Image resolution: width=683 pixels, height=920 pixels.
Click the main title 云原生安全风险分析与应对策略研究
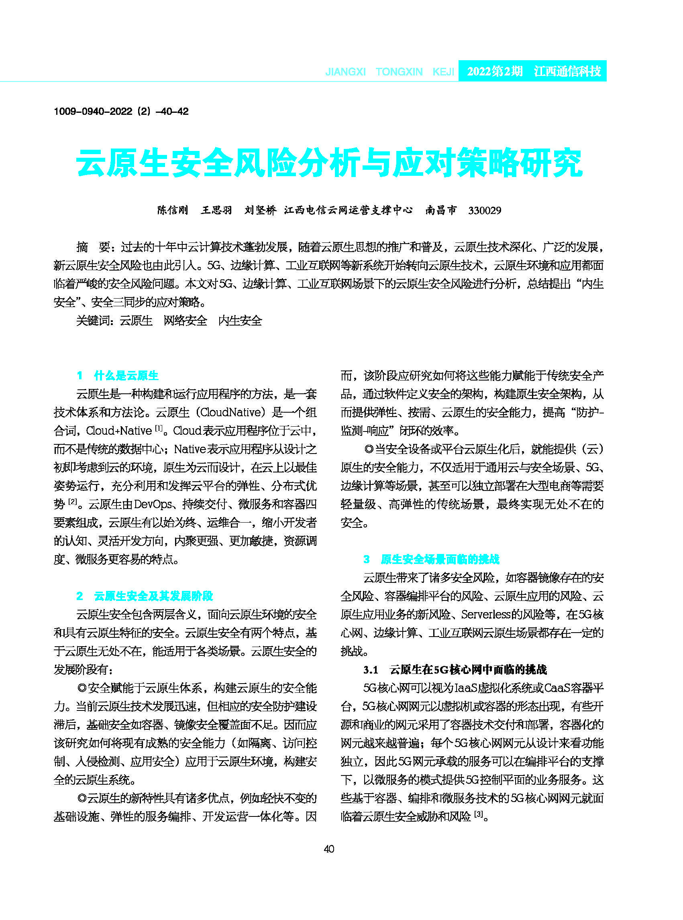(329, 164)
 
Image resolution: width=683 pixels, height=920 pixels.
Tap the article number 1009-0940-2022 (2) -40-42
(121, 112)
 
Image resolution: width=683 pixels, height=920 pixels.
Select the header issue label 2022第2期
(494, 71)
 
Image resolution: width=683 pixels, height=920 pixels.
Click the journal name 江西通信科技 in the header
(567, 71)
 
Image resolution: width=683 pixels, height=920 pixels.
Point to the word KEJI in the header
(443, 72)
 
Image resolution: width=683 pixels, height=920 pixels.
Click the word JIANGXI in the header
(345, 72)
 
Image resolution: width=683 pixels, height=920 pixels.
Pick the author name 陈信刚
(172, 210)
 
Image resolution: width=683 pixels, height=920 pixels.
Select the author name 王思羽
(216, 210)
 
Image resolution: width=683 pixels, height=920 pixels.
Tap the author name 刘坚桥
(260, 210)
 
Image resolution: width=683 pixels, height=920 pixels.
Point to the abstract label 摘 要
(93, 247)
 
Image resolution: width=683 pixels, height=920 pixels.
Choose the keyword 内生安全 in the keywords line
(240, 321)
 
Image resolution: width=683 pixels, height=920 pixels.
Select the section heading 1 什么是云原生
(118, 376)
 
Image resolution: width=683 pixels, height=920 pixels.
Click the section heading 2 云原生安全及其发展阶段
(145, 596)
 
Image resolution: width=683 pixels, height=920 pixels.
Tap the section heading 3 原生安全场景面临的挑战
(431, 559)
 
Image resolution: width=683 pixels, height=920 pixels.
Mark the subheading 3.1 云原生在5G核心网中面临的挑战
(455, 670)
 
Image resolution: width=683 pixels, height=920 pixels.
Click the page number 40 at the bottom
(329, 849)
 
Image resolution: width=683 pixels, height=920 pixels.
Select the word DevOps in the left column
(153, 504)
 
